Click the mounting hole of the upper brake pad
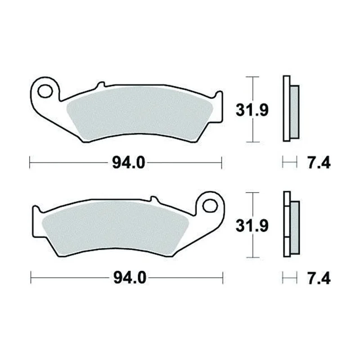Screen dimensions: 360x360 (45, 91)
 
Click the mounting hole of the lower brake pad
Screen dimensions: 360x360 (210, 206)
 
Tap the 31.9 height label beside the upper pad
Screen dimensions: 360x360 (252, 110)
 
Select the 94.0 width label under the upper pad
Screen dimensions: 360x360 (129, 163)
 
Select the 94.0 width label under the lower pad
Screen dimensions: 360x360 (130, 278)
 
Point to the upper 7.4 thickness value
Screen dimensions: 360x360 (319, 163)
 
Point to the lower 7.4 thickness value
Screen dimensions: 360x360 (319, 278)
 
